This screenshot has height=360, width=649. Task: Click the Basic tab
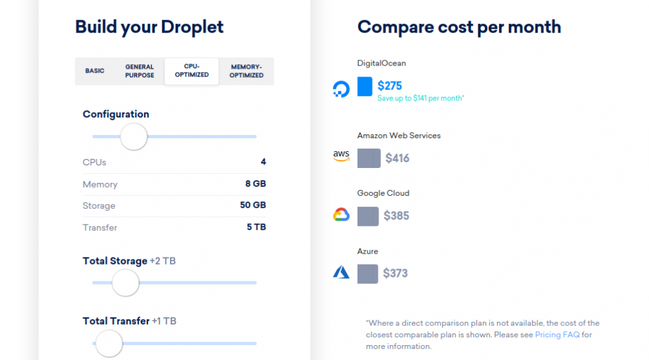95,71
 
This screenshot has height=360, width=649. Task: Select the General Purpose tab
140,71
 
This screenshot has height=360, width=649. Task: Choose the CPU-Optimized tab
191,71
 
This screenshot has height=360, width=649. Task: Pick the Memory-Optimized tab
246,71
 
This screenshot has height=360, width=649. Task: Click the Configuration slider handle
134,137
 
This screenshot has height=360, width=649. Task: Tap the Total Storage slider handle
125,283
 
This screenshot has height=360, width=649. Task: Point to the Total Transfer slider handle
109,343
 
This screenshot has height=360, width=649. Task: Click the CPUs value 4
263,162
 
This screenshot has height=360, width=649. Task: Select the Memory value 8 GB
255,184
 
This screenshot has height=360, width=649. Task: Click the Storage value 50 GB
252,206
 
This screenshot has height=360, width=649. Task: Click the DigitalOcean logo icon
341,89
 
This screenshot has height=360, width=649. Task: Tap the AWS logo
341,156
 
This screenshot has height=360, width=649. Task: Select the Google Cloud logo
341,215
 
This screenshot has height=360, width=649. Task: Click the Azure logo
341,272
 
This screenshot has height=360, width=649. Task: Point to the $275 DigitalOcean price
390,86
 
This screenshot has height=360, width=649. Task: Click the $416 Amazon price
397,158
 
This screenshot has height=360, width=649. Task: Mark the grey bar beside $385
368,216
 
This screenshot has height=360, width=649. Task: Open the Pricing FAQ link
556,335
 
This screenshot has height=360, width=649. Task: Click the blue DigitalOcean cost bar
365,86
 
